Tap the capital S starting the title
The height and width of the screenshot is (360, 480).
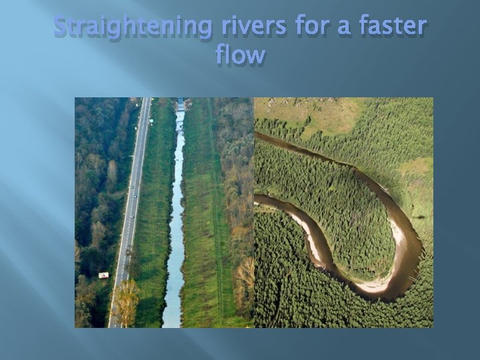click(61, 26)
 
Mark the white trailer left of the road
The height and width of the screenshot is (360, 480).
click(103, 275)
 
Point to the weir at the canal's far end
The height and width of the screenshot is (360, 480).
click(181, 104)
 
